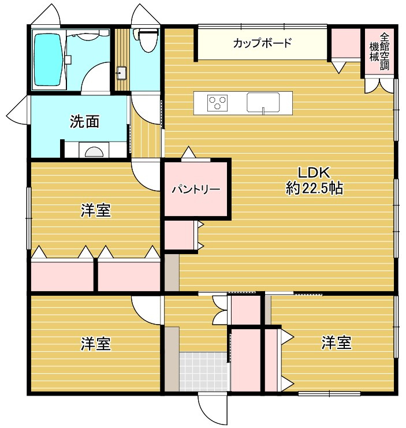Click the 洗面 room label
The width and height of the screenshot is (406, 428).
tap(84, 121)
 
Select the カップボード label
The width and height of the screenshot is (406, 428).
tap(262, 43)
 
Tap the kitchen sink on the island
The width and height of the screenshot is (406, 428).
tap(263, 102)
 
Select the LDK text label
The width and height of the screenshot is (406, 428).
tap(312, 172)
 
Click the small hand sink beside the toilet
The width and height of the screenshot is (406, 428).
tap(121, 72)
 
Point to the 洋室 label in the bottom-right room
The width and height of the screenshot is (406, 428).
tap(336, 343)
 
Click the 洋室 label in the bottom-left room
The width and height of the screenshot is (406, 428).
tap(95, 344)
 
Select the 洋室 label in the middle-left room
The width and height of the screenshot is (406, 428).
tap(95, 211)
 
